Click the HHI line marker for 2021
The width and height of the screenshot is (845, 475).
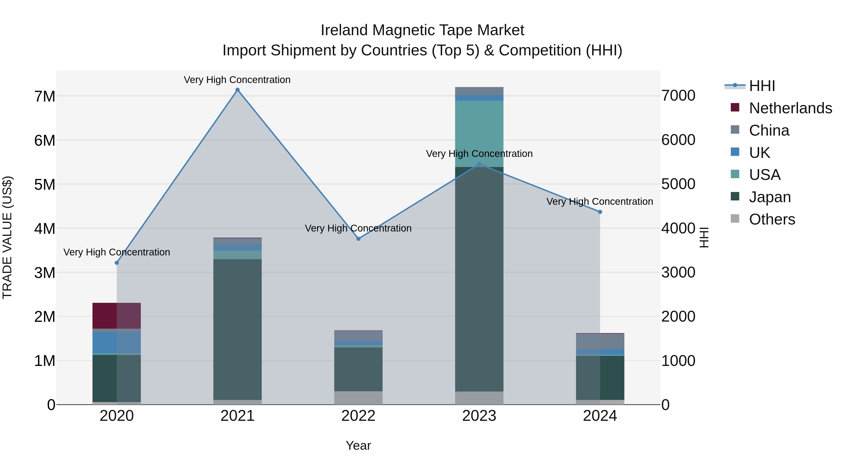pos(238,90)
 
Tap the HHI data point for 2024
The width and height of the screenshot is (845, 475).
pos(600,212)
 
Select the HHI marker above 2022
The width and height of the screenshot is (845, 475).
pos(358,239)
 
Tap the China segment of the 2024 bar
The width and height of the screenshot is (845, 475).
pos(600,341)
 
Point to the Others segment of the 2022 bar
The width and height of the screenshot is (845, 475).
pos(358,398)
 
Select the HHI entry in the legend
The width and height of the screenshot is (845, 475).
pos(762,86)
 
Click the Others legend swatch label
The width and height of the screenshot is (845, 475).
pos(772,219)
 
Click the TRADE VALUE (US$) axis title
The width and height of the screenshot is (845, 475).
pos(7,237)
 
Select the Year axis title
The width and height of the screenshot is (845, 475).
pos(358,445)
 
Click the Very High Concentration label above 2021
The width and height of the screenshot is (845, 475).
pos(237,80)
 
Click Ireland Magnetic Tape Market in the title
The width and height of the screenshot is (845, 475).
pos(422,30)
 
